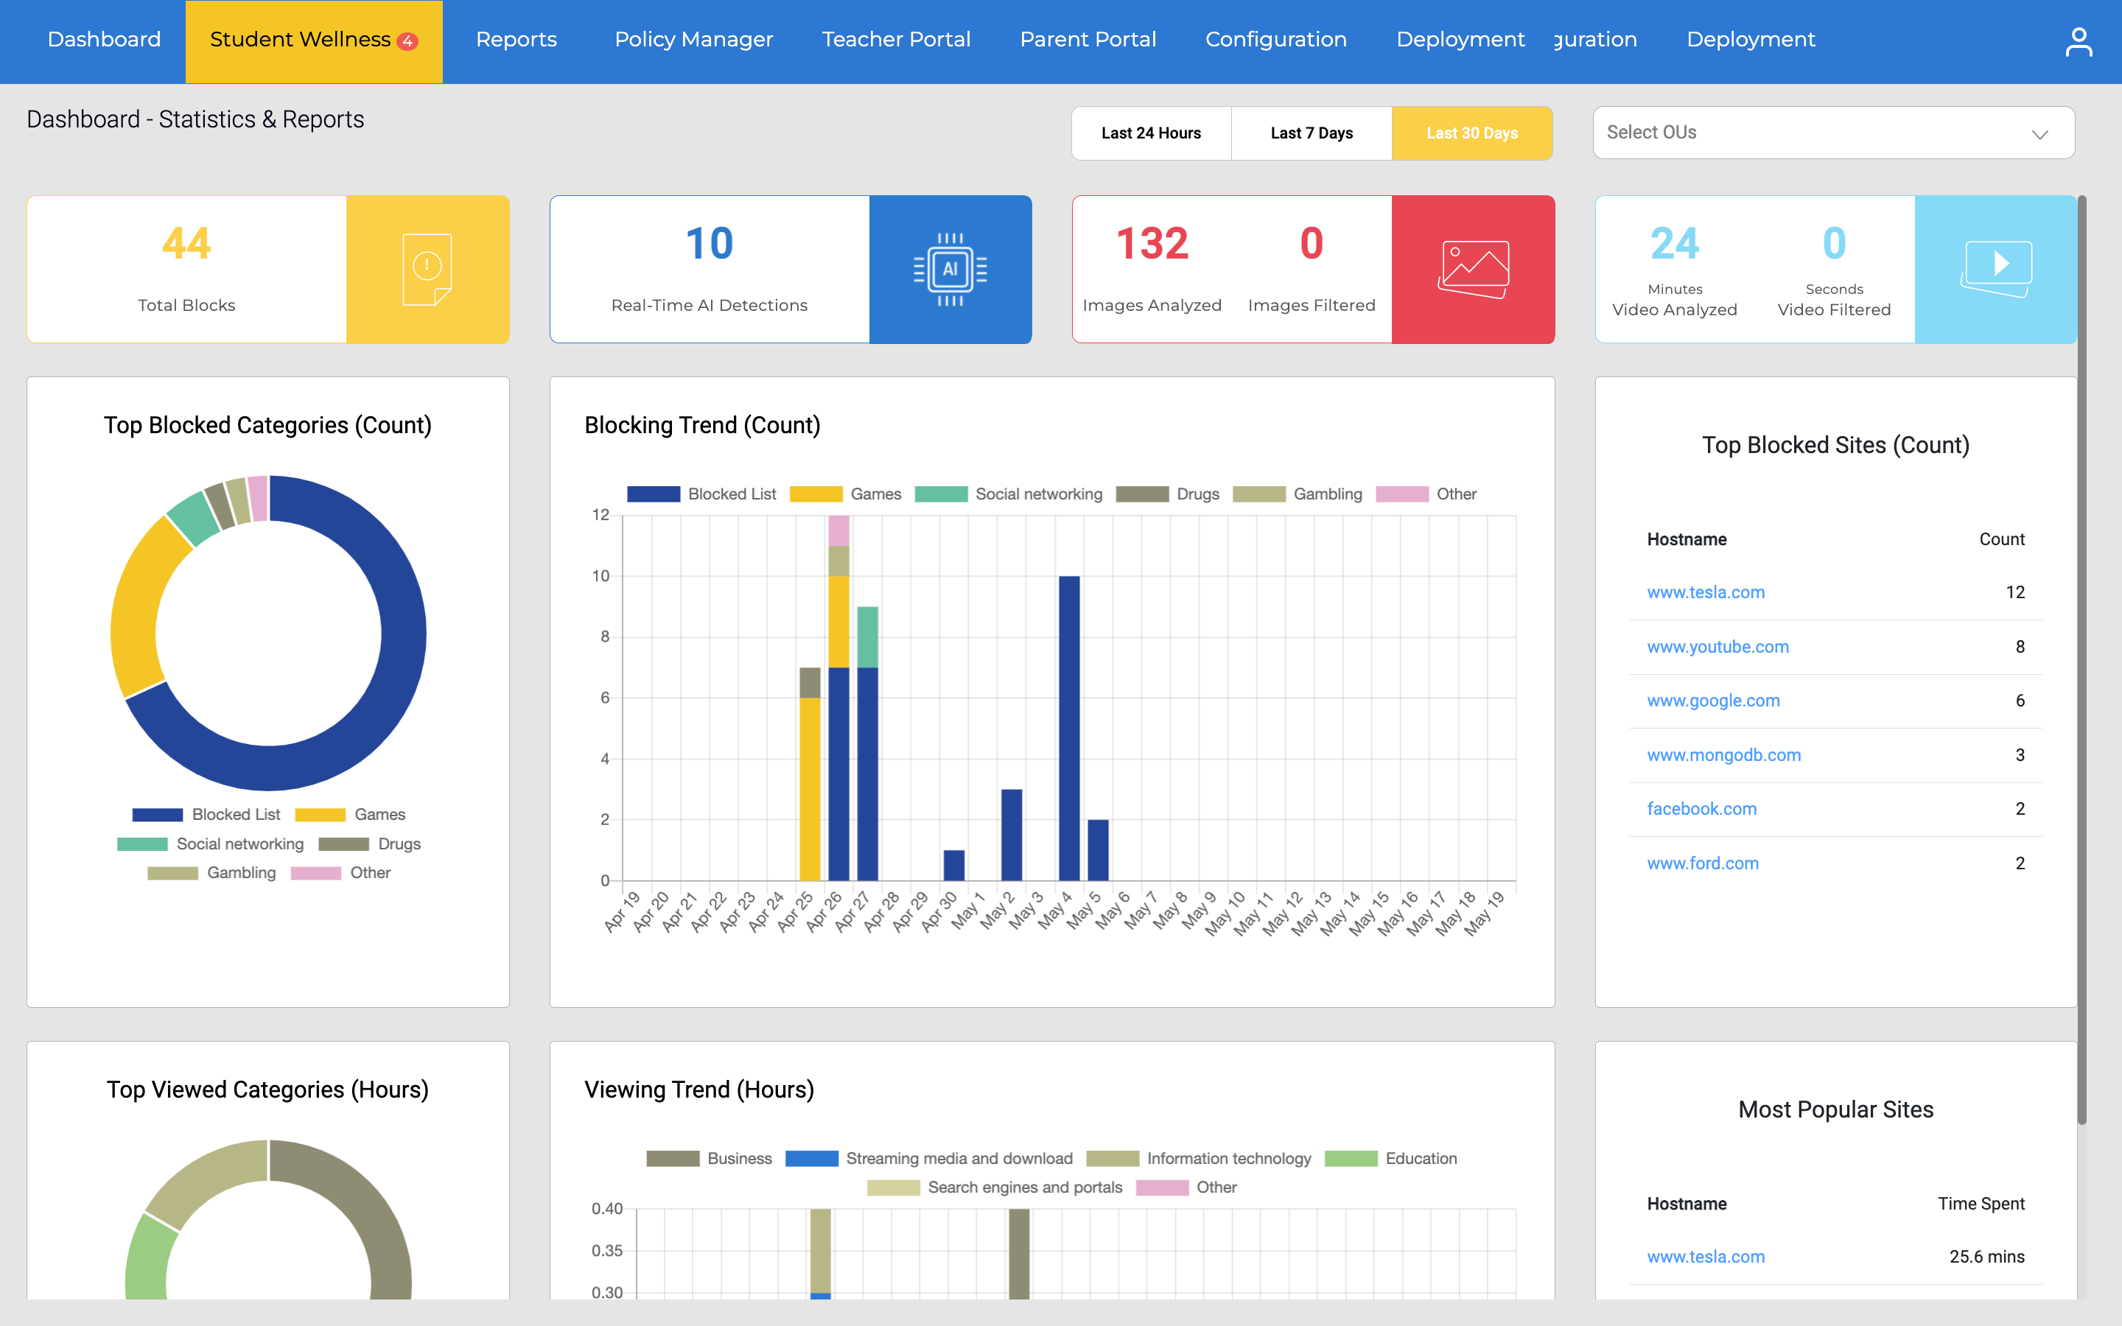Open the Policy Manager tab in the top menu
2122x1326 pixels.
tap(693, 41)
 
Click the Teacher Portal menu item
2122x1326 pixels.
tap(895, 41)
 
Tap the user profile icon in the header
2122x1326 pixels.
tap(2077, 41)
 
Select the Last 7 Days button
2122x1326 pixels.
tap(1311, 133)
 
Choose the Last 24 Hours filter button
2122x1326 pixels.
tap(1150, 133)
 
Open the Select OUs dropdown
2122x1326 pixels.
tap(1832, 133)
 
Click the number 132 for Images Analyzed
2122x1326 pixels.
tap(1152, 244)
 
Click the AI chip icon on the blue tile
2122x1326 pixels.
tap(950, 269)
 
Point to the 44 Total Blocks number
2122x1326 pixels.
tap(186, 244)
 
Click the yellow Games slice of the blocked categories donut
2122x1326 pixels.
tap(140, 605)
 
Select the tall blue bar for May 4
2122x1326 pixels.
tap(1069, 728)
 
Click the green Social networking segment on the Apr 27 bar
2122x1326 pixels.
tap(867, 636)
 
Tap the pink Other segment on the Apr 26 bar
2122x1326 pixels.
tap(838, 530)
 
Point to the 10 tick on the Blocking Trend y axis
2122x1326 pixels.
tap(600, 576)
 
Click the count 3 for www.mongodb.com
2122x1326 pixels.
tap(2020, 755)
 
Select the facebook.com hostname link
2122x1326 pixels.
tap(1701, 810)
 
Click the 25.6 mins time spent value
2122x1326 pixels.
tap(1986, 1257)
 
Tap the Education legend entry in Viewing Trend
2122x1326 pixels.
tap(1420, 1159)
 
